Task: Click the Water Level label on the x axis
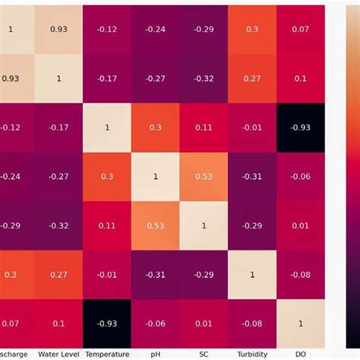[59, 353]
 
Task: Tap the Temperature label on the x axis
[107, 353]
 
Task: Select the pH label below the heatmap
[156, 353]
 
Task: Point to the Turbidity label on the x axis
[252, 353]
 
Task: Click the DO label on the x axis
[301, 353]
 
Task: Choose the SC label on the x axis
[204, 353]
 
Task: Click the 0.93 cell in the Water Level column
[59, 29]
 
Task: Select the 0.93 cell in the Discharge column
[11, 78]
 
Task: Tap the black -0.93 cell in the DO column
[301, 127]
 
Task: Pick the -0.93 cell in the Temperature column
[107, 323]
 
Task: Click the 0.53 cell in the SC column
[204, 176]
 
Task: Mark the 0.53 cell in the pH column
[156, 226]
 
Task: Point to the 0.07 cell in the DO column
[301, 29]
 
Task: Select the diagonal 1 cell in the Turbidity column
[252, 274]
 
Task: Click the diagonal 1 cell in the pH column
[156, 176]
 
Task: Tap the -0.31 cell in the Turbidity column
[252, 176]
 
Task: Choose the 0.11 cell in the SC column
[204, 127]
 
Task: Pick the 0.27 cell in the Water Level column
[59, 274]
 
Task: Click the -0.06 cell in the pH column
[156, 323]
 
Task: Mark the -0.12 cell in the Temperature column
[107, 29]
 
